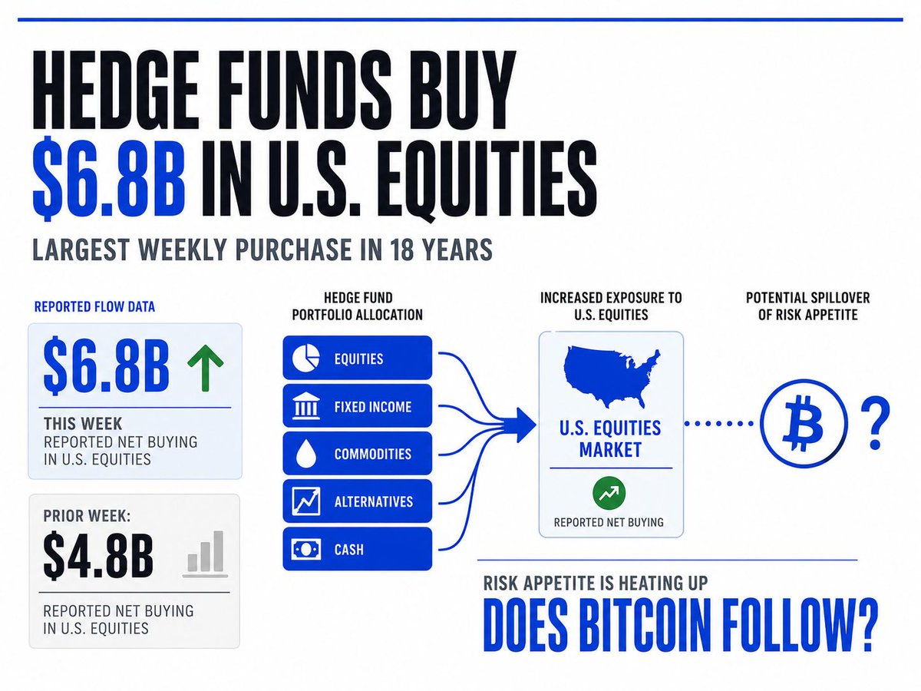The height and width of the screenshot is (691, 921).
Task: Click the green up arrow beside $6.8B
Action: point(205,368)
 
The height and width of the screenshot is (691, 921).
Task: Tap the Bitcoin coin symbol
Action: point(803,423)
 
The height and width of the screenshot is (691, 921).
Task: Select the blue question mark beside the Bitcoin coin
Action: point(875,423)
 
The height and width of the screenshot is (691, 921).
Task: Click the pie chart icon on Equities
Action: point(306,358)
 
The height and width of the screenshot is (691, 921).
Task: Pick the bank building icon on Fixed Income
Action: point(306,405)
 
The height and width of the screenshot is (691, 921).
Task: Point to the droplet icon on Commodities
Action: point(305,454)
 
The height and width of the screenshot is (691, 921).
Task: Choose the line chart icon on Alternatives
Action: point(306,501)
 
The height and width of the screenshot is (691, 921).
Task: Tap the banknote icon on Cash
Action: point(306,549)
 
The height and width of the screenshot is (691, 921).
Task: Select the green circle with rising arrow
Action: point(609,493)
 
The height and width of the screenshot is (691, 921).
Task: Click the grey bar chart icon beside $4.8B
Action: point(205,554)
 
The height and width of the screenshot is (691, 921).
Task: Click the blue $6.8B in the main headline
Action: point(108,178)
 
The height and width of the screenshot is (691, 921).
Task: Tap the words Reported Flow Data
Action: point(94,306)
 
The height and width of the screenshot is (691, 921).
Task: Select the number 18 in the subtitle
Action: point(402,250)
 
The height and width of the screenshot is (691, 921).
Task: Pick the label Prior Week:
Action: point(87,516)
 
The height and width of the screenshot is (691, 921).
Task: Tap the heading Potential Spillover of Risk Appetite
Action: point(807,306)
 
